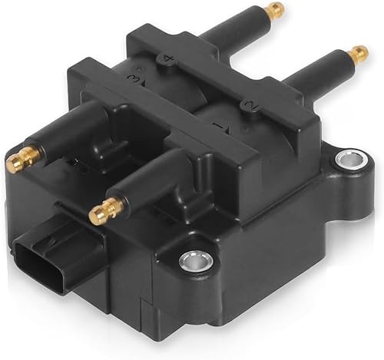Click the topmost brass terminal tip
click(x=276, y=10)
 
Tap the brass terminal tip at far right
click(x=359, y=54)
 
